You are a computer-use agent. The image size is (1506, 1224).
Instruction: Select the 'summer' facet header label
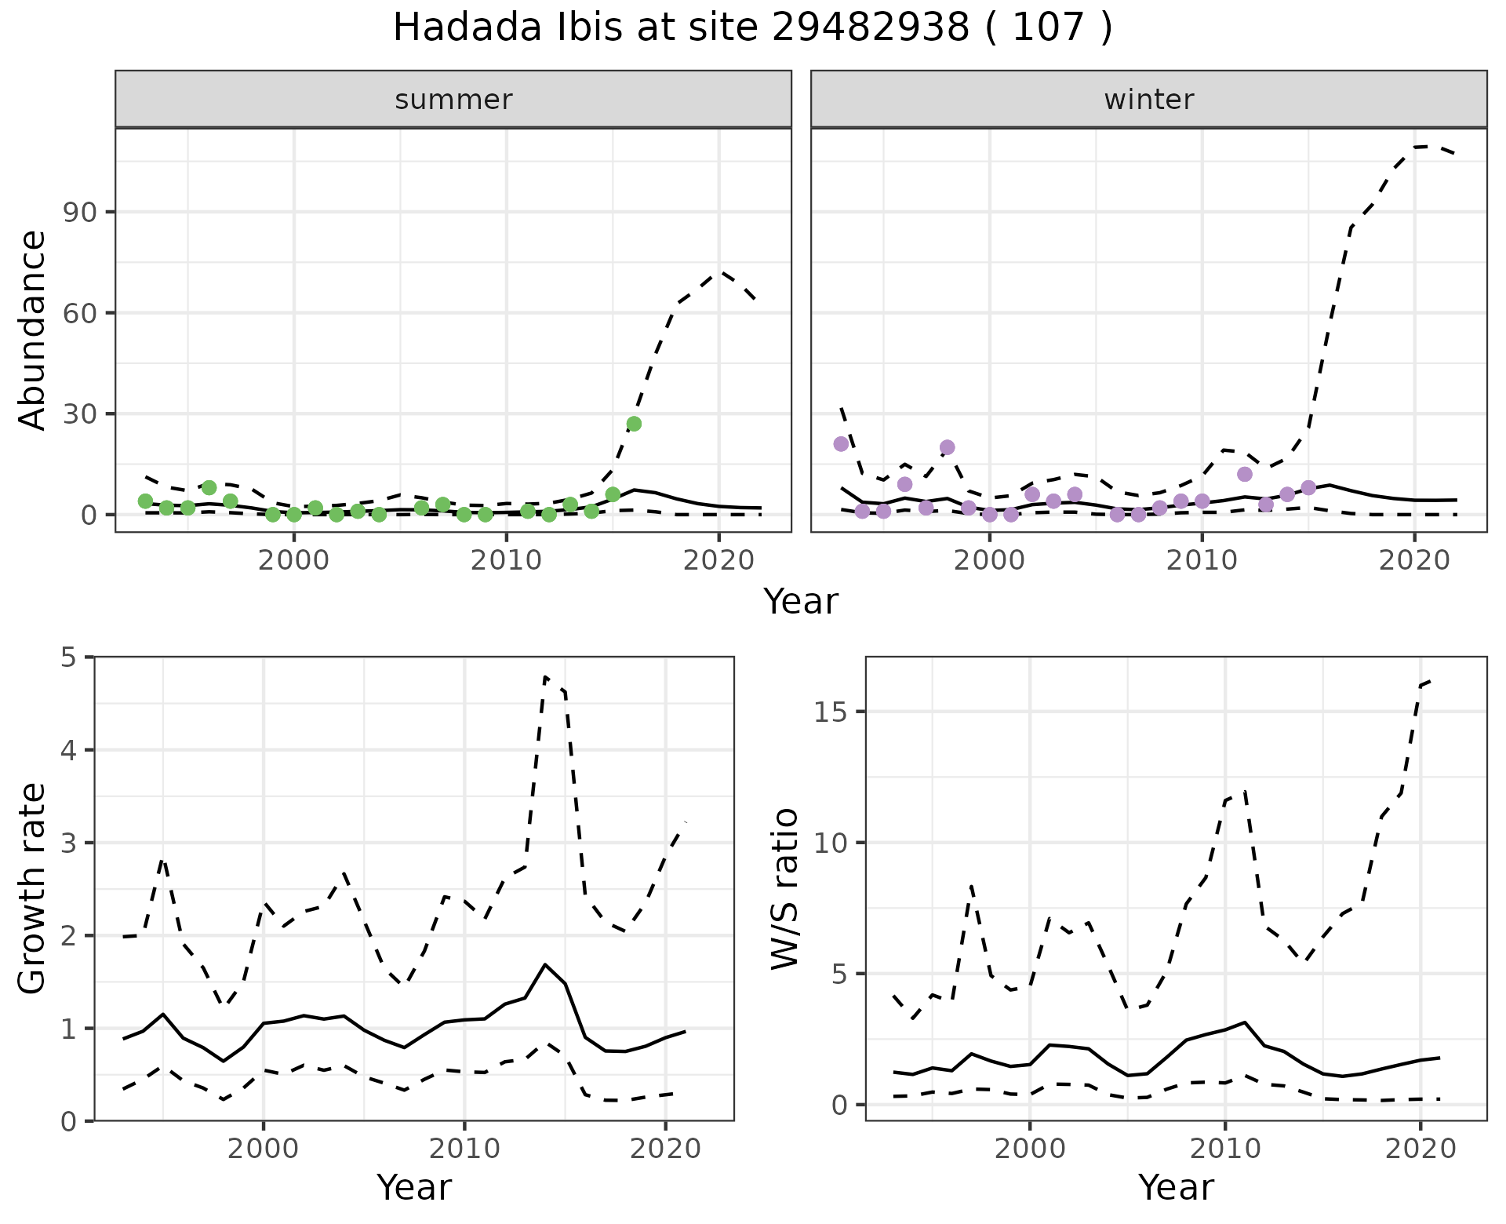click(x=453, y=100)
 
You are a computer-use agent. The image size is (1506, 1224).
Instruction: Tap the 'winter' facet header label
click(x=1148, y=100)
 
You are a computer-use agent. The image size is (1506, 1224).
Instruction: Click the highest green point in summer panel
click(x=634, y=424)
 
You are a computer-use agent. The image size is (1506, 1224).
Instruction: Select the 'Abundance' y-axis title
click(x=33, y=330)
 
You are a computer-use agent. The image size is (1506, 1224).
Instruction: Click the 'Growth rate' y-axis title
click(x=33, y=888)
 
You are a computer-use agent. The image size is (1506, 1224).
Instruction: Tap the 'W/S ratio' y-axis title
click(x=784, y=888)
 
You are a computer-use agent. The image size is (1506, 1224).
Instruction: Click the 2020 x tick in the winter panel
click(x=1414, y=561)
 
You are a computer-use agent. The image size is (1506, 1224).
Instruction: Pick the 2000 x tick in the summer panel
click(x=294, y=561)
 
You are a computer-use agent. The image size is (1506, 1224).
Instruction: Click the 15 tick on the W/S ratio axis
click(x=835, y=712)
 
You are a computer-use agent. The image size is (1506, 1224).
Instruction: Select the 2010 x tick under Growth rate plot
click(x=464, y=1149)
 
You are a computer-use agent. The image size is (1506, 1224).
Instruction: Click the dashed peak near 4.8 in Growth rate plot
click(x=545, y=676)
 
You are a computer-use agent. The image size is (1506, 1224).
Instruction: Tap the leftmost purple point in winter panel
click(x=841, y=444)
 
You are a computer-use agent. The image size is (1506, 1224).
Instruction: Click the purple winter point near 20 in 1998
click(x=947, y=447)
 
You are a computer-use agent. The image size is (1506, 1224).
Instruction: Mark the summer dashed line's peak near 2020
click(x=721, y=273)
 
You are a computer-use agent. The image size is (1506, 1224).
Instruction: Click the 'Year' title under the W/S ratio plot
click(x=1175, y=1187)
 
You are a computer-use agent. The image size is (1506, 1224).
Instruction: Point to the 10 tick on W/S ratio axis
click(x=835, y=843)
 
